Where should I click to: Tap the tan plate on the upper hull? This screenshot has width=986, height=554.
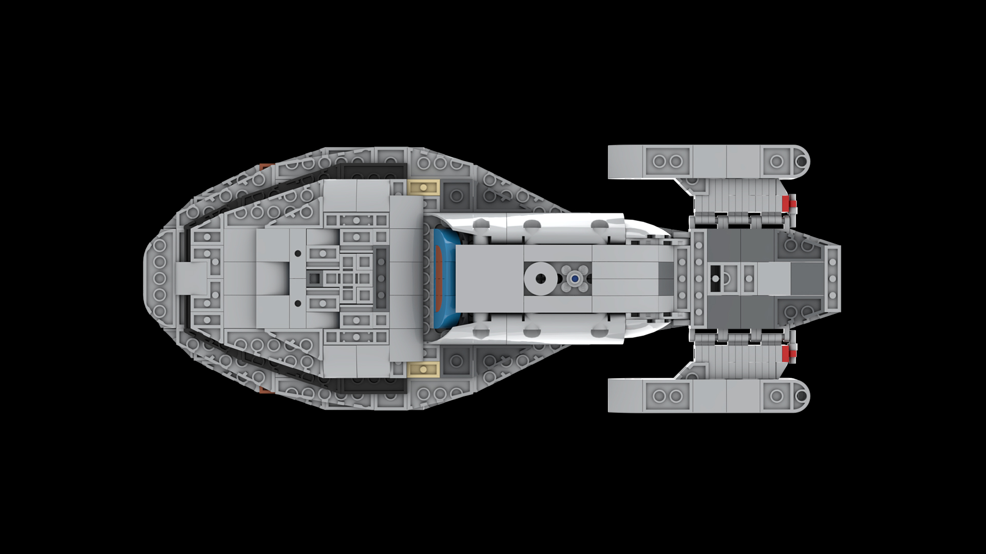click(423, 187)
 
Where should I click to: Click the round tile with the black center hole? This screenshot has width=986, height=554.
click(540, 279)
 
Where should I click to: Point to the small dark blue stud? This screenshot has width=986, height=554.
click(575, 279)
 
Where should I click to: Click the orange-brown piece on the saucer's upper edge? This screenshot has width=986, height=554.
click(265, 166)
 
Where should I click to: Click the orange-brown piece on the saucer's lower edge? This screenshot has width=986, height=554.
click(265, 391)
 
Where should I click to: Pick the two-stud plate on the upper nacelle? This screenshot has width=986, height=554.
click(667, 162)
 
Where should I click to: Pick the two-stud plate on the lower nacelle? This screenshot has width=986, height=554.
click(667, 396)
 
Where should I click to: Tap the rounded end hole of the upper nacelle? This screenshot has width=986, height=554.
click(801, 162)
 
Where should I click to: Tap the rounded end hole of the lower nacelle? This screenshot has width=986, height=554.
click(801, 396)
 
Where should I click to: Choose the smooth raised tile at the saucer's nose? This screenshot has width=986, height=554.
click(191, 279)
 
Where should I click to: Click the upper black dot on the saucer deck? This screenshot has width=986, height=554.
click(298, 253)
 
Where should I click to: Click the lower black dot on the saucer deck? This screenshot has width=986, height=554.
click(298, 304)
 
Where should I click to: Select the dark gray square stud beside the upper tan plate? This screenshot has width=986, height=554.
click(456, 195)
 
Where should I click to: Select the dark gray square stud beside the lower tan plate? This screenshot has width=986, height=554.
click(456, 362)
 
